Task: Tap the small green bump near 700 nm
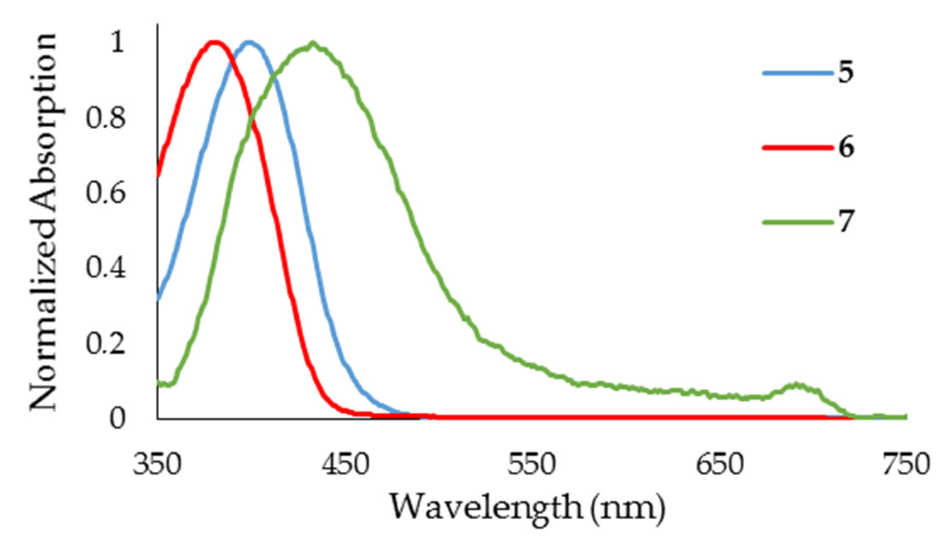796,385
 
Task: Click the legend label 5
846,73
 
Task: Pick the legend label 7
846,221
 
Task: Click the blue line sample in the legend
797,73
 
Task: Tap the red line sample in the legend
797,147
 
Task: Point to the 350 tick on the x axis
157,464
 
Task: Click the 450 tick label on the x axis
345,464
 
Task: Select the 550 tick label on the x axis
532,464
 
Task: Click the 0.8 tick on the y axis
106,118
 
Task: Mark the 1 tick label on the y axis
117,43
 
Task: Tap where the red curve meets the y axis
158,176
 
